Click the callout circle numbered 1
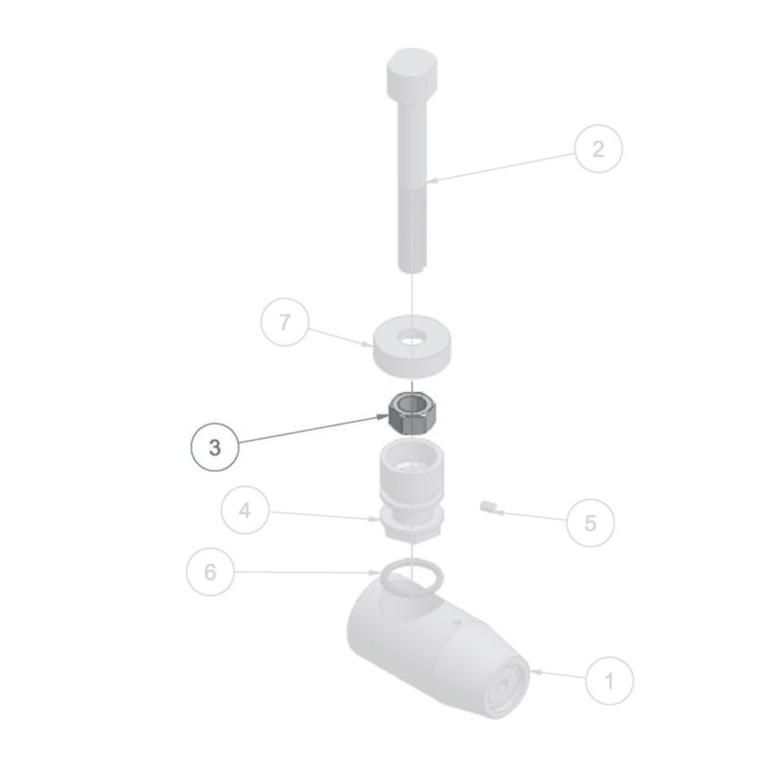[609, 681]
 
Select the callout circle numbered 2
[598, 149]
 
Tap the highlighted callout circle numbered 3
[214, 447]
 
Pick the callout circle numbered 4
[245, 510]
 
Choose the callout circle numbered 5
[590, 522]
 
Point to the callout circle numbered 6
[210, 572]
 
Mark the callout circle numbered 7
[284, 322]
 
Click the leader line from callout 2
[502, 167]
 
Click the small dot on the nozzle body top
[458, 622]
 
